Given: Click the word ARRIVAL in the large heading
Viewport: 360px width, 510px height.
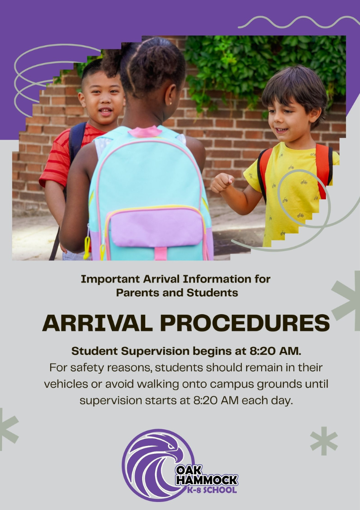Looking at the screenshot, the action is [x=97, y=323].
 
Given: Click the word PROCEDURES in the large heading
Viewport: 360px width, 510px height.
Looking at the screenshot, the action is [x=245, y=323].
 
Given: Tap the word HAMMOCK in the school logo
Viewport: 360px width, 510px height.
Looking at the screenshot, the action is [x=207, y=480].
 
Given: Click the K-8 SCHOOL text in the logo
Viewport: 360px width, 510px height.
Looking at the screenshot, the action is [x=211, y=490].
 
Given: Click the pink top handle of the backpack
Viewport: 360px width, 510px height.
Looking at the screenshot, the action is [x=145, y=131].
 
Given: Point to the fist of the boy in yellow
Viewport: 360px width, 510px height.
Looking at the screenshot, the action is [x=222, y=183].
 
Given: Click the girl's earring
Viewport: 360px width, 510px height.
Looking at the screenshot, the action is [x=171, y=103].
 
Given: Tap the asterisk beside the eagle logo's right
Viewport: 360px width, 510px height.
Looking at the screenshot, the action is [x=324, y=441].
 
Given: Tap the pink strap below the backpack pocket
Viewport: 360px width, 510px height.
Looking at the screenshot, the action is [x=161, y=254].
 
